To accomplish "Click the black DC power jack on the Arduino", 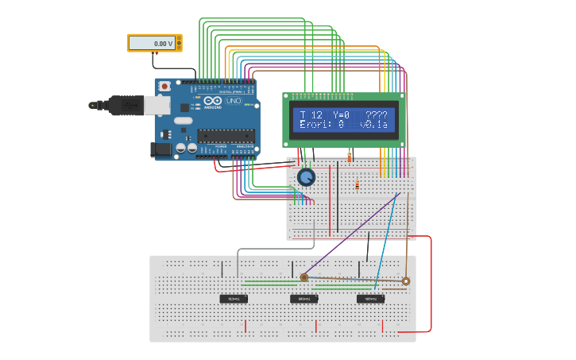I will pos(161,149).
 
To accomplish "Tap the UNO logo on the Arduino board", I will pos(233,101).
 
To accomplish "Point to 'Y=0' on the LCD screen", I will pos(341,115).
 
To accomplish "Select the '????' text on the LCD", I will pos(377,115).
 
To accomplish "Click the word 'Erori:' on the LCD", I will pos(315,125).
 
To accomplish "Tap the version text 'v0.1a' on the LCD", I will pos(373,125).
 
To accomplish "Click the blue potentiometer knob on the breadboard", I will pos(306,177).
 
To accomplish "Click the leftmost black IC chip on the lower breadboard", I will pos(234,299).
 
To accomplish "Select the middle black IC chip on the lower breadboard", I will pos(303,299).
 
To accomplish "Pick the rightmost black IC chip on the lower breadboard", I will pos(370,299).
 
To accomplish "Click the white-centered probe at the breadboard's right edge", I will pos(406,281).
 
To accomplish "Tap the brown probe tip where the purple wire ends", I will pos(304,277).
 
